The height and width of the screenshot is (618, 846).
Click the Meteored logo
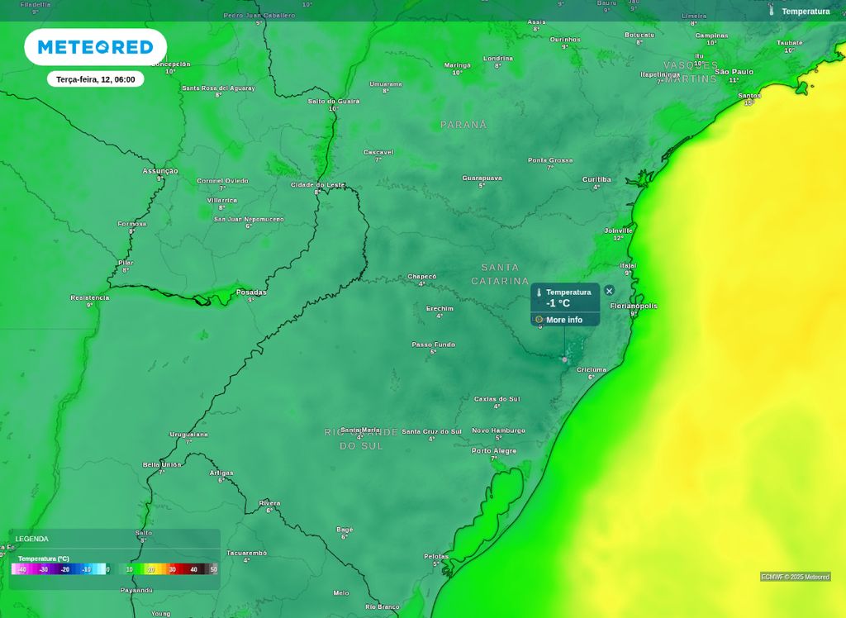coord(95,47)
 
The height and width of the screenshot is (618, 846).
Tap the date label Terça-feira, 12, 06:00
coord(96,79)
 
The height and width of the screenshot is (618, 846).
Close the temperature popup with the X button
coord(609,291)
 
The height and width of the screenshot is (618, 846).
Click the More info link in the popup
coord(563,320)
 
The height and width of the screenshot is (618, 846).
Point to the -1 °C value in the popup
coord(558,303)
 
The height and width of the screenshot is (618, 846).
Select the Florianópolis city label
coord(634,306)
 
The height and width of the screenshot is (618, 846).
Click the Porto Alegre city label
coord(494,451)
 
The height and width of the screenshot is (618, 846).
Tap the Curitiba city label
coord(596,179)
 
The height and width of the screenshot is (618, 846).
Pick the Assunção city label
coord(160,171)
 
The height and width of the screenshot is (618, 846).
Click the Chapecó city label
coord(421,276)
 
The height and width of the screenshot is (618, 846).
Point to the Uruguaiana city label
coord(188,434)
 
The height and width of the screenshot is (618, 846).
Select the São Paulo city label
coord(734,72)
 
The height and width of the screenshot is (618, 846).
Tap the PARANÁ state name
coord(463,125)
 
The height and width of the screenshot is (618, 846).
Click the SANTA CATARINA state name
coord(500,274)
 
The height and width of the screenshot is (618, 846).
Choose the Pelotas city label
coord(436,556)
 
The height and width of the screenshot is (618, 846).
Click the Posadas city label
coord(251,292)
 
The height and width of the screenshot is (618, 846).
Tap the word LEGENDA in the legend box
coord(31,539)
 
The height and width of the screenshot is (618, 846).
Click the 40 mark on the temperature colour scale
coord(194,569)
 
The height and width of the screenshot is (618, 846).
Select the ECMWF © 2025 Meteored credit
coord(795,577)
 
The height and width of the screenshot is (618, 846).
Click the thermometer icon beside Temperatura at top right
coord(772,11)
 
